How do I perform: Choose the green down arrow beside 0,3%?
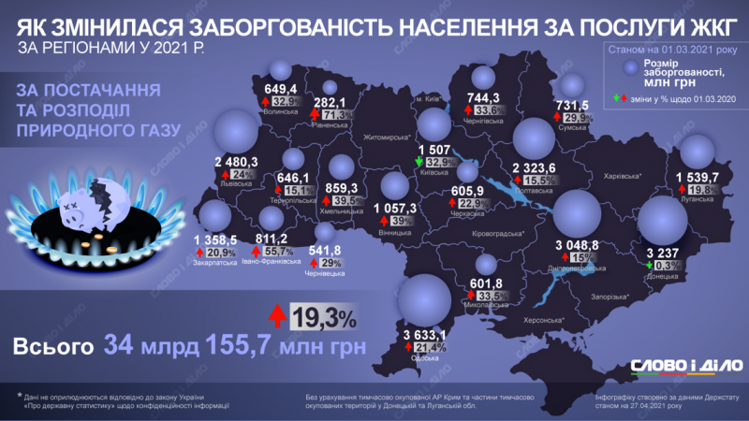652,266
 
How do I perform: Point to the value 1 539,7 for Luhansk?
688,176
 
